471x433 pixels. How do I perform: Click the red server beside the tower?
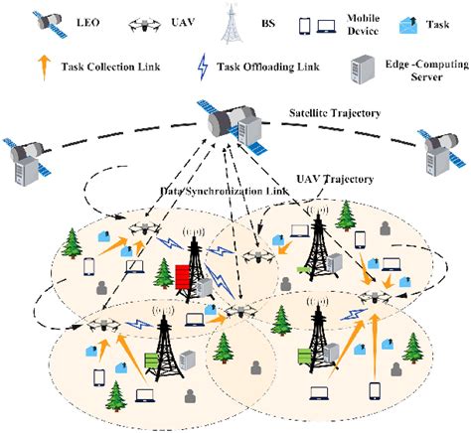tap(184, 282)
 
